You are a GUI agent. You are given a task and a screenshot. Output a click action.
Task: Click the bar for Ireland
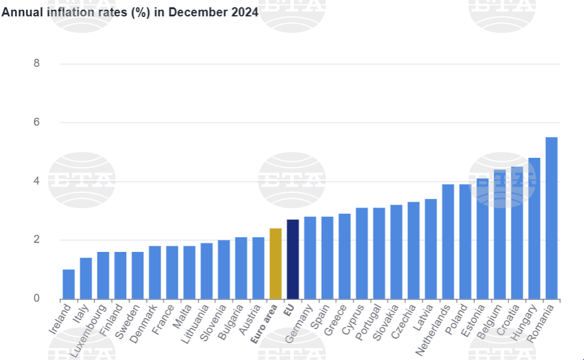[x=68, y=284]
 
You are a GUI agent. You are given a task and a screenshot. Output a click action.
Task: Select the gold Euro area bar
[x=276, y=264]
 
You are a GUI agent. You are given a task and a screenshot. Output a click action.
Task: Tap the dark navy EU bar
[x=293, y=259]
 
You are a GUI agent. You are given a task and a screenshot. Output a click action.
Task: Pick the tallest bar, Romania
[x=551, y=218]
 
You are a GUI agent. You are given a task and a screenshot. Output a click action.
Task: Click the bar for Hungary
[x=534, y=229]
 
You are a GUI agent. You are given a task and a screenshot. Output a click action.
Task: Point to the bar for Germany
[x=310, y=258]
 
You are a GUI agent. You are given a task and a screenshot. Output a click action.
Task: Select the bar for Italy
[x=86, y=278]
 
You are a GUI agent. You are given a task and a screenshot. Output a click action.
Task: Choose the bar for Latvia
[x=430, y=249]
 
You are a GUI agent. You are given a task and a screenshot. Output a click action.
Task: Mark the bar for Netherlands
[x=448, y=241]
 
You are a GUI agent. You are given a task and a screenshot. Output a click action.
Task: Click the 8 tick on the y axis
[x=36, y=63]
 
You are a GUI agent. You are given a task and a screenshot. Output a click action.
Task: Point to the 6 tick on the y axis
[x=36, y=122]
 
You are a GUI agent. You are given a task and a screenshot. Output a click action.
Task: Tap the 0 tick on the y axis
[x=36, y=299]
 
